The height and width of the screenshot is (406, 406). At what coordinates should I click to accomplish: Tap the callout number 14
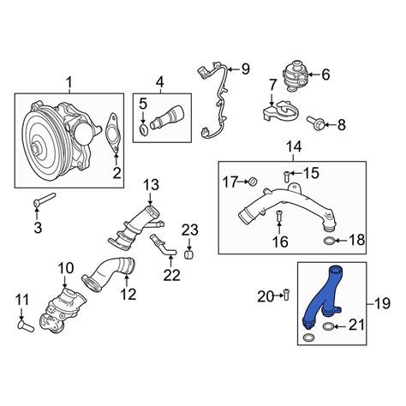pyautogui.click(x=294, y=147)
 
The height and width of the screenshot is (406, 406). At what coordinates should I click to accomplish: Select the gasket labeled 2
pyautogui.click(x=112, y=134)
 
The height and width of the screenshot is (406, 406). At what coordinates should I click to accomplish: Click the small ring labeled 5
pyautogui.click(x=143, y=129)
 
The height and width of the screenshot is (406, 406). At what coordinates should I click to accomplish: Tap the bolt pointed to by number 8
pyautogui.click(x=315, y=125)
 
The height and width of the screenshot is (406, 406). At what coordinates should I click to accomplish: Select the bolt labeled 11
pyautogui.click(x=26, y=326)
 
